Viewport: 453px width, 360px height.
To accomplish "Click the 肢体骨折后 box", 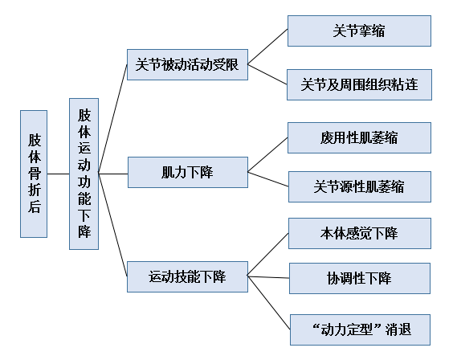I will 35,174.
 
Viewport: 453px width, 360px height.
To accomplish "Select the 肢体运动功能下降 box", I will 84,174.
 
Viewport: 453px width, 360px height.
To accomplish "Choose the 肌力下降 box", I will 187,171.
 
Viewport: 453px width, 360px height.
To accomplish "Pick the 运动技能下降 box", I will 187,276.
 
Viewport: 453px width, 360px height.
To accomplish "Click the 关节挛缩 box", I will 359,31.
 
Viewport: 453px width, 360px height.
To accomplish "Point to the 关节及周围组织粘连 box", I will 359,84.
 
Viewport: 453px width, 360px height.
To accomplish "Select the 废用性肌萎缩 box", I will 359,137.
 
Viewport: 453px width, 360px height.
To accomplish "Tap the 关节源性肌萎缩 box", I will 359,187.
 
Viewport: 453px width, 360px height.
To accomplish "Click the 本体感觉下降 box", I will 359,233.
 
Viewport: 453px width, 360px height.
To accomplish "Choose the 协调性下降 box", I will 359,278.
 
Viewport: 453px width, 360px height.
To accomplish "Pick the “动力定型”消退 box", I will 359,329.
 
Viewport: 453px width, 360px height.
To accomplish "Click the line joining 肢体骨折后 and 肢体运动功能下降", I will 59,174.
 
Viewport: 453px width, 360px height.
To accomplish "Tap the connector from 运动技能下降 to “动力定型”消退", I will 267,302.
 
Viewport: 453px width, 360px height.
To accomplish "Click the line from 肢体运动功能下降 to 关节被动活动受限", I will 112,120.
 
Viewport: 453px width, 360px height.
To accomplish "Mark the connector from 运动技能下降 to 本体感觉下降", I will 267,255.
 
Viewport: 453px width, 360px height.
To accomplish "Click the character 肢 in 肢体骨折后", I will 35,137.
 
